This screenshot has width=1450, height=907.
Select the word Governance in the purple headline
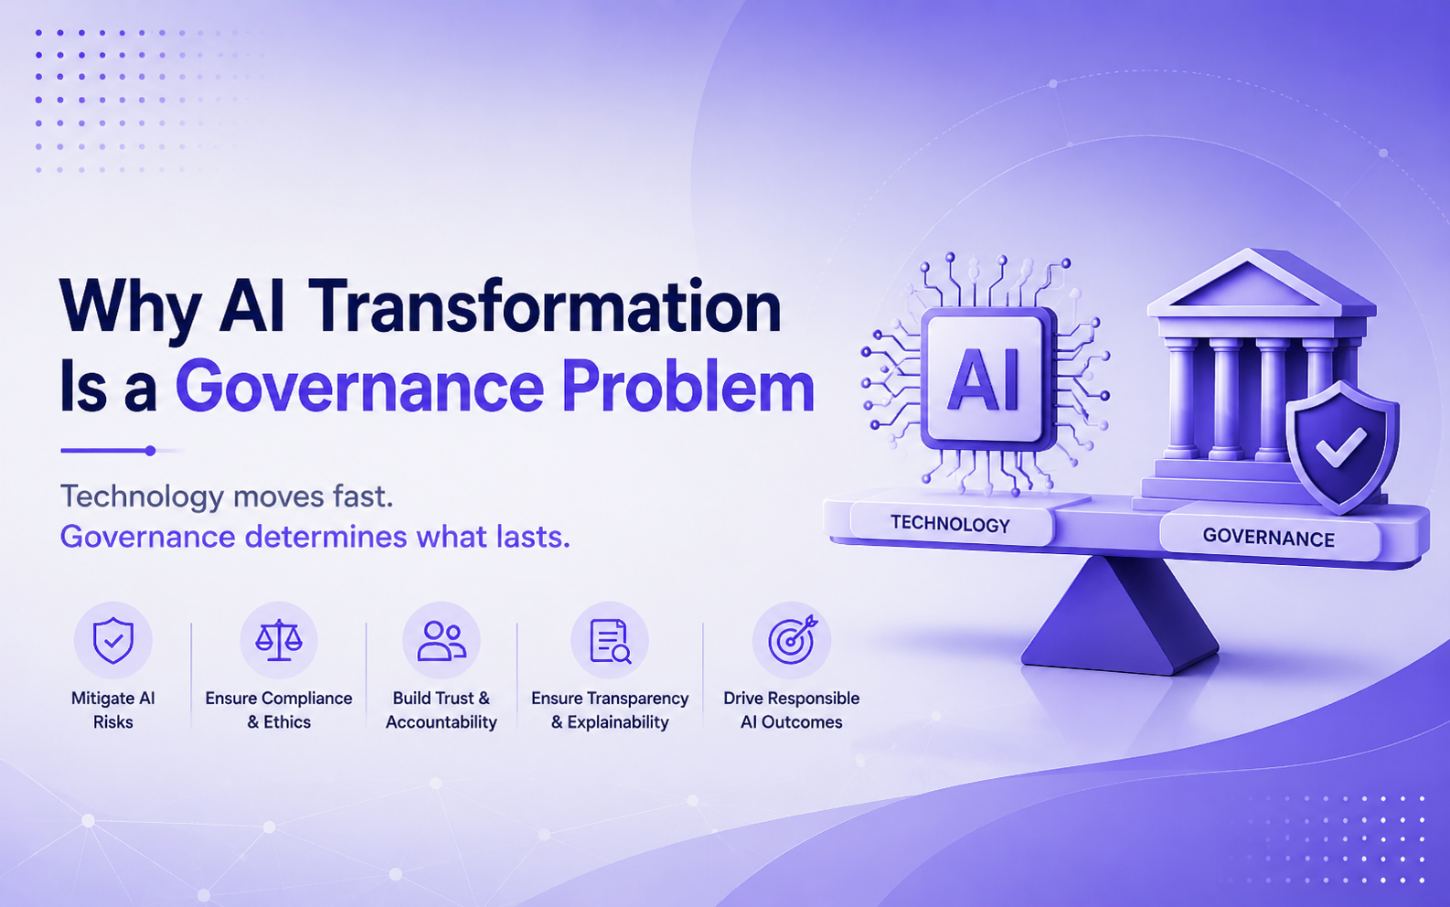[359, 388]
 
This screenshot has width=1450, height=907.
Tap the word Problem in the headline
[688, 385]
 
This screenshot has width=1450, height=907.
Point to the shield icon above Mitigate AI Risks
[113, 640]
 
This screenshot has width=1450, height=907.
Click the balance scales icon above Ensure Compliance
[278, 640]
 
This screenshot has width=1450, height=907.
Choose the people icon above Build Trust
[442, 641]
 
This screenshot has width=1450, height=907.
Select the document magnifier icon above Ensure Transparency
[610, 641]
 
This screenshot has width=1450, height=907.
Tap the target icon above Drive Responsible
[793, 640]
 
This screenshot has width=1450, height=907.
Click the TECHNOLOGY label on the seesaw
[950, 523]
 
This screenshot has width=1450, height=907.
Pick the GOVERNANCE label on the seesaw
[1269, 538]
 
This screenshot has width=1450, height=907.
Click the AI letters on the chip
[984, 379]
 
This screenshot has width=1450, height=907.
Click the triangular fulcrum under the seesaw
[1119, 615]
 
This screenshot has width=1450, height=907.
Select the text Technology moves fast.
[227, 496]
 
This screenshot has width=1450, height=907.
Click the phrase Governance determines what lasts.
[315, 537]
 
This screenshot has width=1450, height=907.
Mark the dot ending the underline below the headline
[151, 451]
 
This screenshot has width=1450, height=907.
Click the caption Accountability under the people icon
[442, 721]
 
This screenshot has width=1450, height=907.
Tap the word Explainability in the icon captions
[618, 721]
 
